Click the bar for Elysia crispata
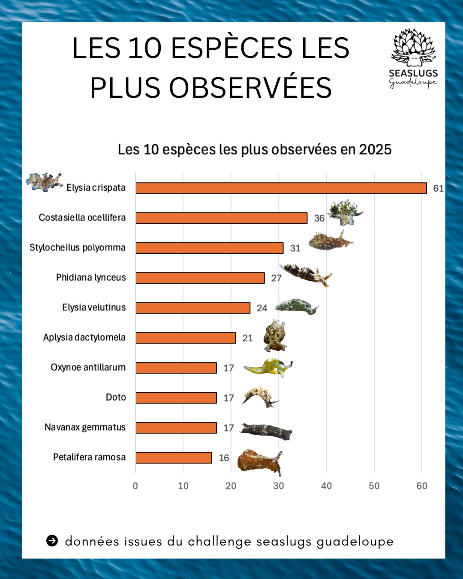coord(281,188)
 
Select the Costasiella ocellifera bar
coord(221,218)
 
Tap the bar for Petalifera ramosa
coord(174,458)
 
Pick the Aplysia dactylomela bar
coord(186,338)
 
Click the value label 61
coord(438,188)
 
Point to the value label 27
coord(276,278)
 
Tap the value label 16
coord(224,458)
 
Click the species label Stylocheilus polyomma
coord(78,248)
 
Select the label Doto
coord(116,398)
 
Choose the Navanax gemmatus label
coord(85,428)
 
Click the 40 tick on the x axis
coord(326,486)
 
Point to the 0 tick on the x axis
coord(135,486)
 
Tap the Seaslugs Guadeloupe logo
coord(413,58)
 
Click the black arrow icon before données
coord(52,541)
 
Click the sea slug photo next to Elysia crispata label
coord(44,182)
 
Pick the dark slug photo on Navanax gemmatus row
coord(266,431)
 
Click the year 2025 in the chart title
coord(375,150)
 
